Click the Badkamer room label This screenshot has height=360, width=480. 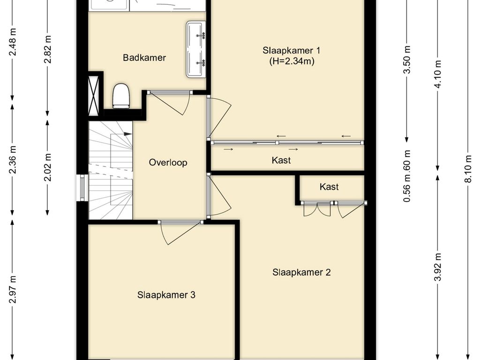[144, 58]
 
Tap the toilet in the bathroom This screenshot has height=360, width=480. [121, 96]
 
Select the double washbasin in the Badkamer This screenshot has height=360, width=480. [196, 49]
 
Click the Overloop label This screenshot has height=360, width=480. [168, 162]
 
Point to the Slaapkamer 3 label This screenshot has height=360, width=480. [166, 295]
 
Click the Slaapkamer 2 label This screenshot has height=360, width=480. [301, 272]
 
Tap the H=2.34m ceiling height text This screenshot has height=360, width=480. [292, 61]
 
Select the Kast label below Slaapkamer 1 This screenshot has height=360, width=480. [281, 160]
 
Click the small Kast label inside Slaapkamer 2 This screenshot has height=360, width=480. [329, 187]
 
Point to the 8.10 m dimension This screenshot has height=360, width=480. [468, 169]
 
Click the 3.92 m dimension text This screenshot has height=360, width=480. [438, 267]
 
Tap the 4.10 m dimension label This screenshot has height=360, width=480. [438, 74]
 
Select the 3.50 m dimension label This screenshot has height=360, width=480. [407, 60]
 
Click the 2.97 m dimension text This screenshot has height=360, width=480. [13, 289]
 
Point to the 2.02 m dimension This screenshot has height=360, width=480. [48, 167]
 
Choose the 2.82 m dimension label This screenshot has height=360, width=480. [48, 49]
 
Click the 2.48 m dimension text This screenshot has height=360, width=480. [13, 42]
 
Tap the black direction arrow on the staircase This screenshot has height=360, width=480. [127, 134]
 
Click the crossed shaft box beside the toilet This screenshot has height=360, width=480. [94, 94]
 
